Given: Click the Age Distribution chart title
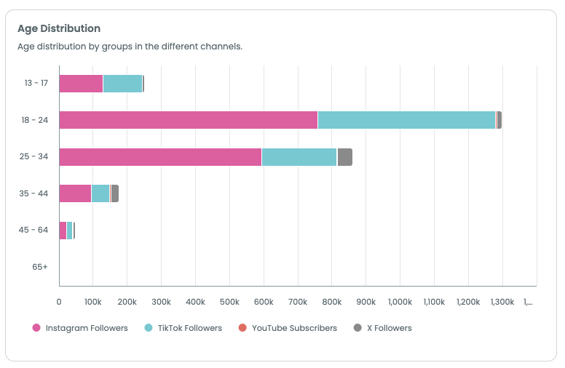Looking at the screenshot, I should [x=59, y=28].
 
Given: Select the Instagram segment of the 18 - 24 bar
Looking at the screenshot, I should [x=188, y=120].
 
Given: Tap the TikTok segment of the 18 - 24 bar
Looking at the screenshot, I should [x=406, y=120].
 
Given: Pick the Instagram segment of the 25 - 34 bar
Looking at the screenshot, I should [x=160, y=157].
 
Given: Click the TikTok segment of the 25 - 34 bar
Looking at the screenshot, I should [x=299, y=157].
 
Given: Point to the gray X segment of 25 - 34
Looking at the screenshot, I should [x=345, y=157].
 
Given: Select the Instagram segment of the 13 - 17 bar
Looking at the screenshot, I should [x=81, y=84].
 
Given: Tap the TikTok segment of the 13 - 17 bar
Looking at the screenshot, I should [x=122, y=84].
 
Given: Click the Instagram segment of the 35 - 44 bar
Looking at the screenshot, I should [x=75, y=193].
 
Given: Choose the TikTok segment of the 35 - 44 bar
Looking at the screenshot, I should [x=100, y=193].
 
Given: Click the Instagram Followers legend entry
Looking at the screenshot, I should [x=80, y=328].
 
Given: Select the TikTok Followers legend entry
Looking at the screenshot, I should [x=183, y=328].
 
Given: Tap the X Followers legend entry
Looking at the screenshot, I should [x=383, y=328].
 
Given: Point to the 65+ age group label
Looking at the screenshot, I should [x=40, y=267].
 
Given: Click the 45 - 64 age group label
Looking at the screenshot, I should [x=33, y=230].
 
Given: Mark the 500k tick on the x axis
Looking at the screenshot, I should [x=229, y=301].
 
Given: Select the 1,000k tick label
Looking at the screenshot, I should [x=400, y=301].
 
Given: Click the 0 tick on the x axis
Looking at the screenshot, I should [x=59, y=301].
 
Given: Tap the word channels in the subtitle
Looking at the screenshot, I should [x=221, y=46].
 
